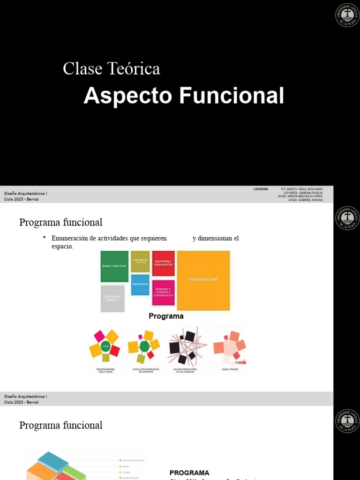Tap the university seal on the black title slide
tap(347, 15)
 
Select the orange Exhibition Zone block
tap(203, 280)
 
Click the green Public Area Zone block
tap(114, 266)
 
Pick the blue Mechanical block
tap(140, 285)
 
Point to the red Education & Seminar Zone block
tap(163, 263)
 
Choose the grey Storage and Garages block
tap(112, 299)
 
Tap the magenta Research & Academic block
tap(163, 292)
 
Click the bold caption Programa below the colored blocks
tap(166, 316)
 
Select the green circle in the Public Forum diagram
tap(105, 346)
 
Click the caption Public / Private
tap(229, 370)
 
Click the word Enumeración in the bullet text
tap(71, 239)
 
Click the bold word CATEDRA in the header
tap(261, 189)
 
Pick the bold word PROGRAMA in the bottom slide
tap(189, 472)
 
